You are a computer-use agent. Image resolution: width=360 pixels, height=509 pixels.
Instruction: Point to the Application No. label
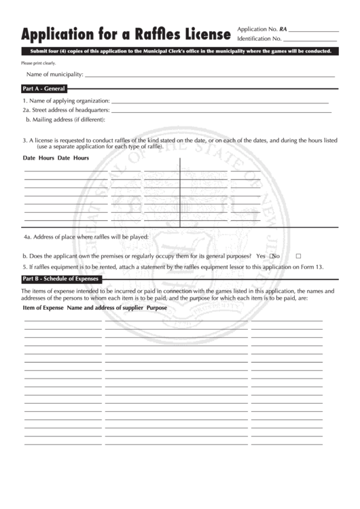click(x=257, y=29)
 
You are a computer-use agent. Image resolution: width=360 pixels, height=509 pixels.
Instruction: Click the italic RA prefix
click(x=283, y=29)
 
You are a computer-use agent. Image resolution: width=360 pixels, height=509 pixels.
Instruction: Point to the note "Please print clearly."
click(x=38, y=63)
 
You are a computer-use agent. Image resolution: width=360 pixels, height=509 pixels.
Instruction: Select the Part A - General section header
click(x=43, y=88)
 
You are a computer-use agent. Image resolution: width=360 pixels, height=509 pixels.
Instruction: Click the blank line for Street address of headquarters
click(x=221, y=111)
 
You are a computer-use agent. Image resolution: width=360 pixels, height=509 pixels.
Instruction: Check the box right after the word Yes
click(x=270, y=256)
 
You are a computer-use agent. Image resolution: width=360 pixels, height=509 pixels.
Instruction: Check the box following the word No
click(x=298, y=256)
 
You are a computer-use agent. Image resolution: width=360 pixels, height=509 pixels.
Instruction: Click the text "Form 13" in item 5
click(x=313, y=267)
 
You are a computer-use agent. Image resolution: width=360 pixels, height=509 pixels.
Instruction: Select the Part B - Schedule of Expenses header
click(x=60, y=279)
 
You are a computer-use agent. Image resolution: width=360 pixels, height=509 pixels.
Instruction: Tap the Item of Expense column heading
click(x=43, y=308)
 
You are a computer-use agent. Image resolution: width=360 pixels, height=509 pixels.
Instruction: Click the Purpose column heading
click(x=157, y=308)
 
